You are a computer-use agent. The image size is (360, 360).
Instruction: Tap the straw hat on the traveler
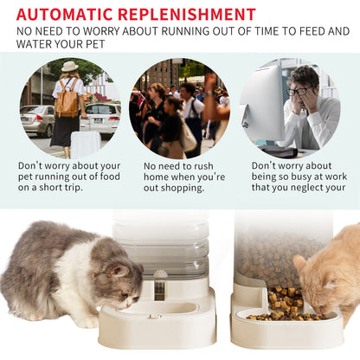(69, 67)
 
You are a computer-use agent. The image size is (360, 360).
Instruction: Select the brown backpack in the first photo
(67, 100)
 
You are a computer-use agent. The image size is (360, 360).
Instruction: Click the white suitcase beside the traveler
(85, 143)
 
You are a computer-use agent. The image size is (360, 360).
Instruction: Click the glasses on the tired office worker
(299, 90)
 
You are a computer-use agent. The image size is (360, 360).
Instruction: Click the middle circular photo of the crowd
(179, 108)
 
